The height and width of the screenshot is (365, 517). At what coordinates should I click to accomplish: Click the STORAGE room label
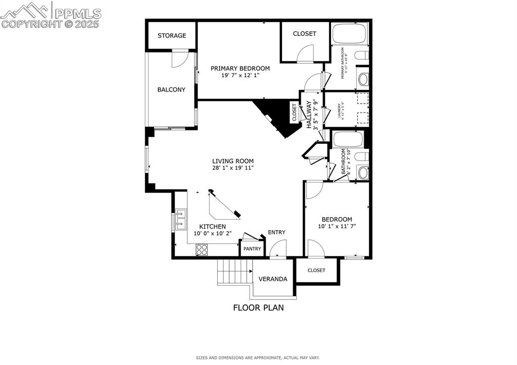[x=171, y=36]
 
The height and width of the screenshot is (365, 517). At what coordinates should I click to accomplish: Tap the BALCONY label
[x=171, y=90]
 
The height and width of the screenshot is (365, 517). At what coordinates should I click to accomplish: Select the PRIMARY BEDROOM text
[x=240, y=69]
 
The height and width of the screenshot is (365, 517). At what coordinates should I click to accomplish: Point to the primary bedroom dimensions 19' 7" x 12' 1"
[x=240, y=76]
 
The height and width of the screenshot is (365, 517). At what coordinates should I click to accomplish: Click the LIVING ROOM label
[x=233, y=161]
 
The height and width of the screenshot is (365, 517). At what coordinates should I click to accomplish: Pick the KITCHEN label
[x=212, y=227]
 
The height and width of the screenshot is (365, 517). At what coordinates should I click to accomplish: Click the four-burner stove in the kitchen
[x=202, y=249]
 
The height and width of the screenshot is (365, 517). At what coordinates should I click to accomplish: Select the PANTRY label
[x=252, y=249]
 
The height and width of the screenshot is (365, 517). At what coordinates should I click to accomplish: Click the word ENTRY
[x=276, y=232]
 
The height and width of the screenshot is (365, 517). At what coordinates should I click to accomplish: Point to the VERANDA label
[x=273, y=279]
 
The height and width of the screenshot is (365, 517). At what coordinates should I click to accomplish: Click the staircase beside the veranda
[x=235, y=273]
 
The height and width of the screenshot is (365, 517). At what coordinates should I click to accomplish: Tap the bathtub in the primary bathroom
[x=348, y=33]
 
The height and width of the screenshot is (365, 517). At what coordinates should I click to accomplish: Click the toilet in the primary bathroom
[x=361, y=56]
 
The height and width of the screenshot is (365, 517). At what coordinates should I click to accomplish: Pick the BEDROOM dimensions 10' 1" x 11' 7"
[x=337, y=227]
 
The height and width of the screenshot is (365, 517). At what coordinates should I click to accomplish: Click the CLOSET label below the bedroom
[x=316, y=271]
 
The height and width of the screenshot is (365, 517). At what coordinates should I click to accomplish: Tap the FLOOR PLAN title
[x=258, y=307]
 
